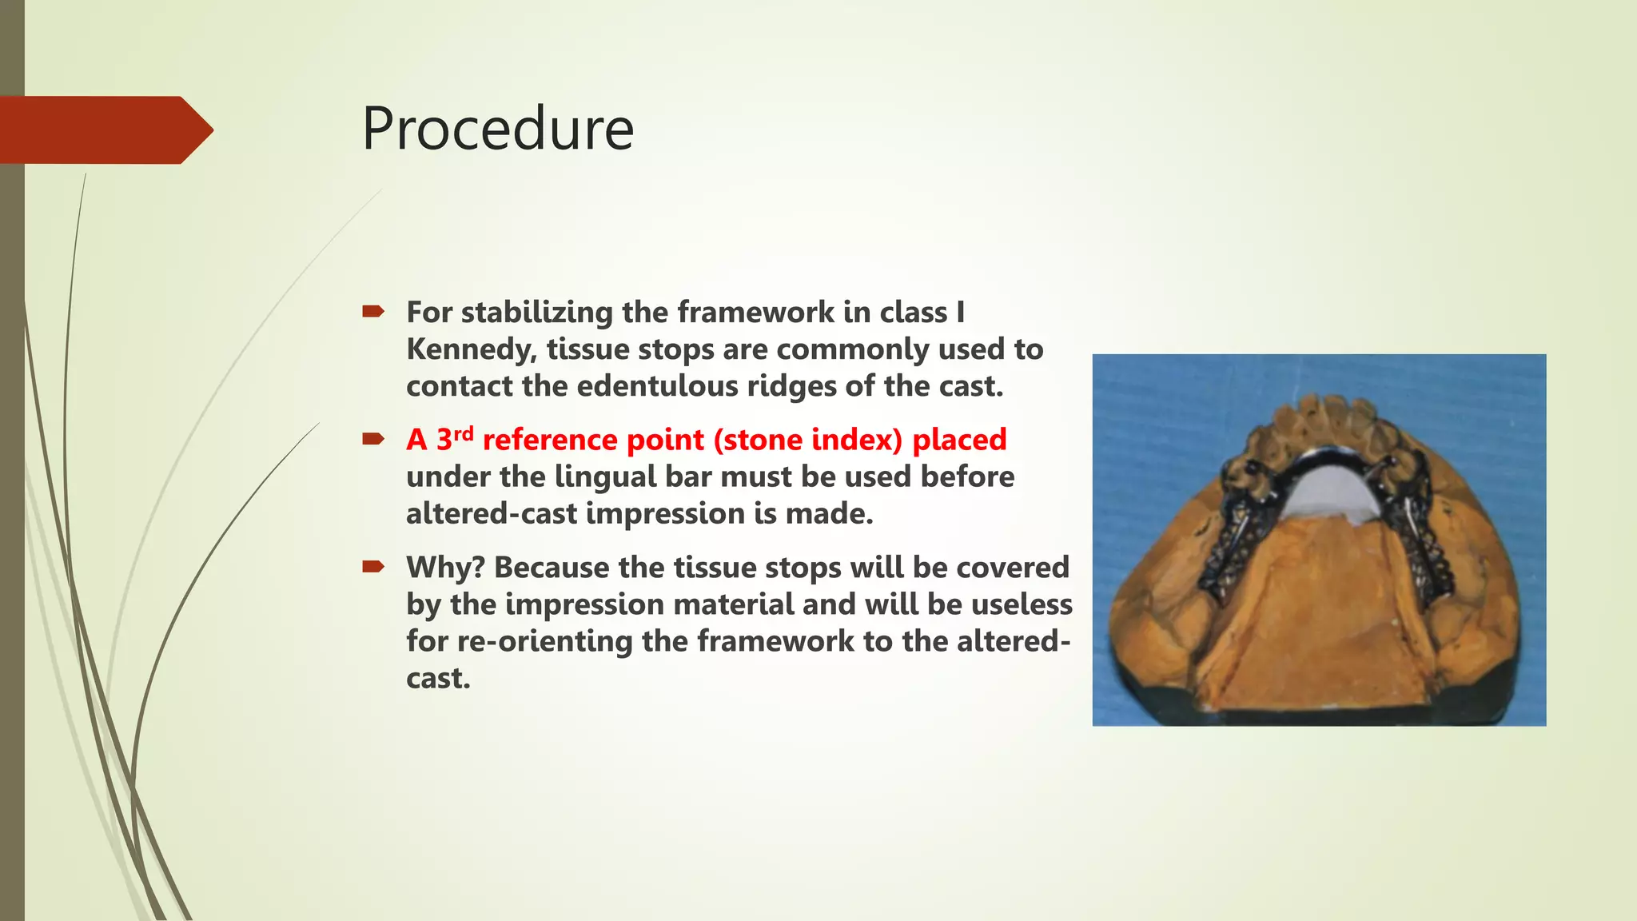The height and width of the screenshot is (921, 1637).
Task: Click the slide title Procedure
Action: tap(498, 130)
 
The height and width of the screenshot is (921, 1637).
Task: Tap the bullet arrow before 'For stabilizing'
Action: tap(373, 311)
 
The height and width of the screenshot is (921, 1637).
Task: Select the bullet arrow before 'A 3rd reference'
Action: tap(373, 438)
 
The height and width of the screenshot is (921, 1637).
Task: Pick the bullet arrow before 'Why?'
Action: tap(373, 567)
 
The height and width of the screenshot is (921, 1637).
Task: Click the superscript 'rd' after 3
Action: tap(464, 433)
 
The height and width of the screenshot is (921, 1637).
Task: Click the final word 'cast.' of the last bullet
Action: tap(438, 679)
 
